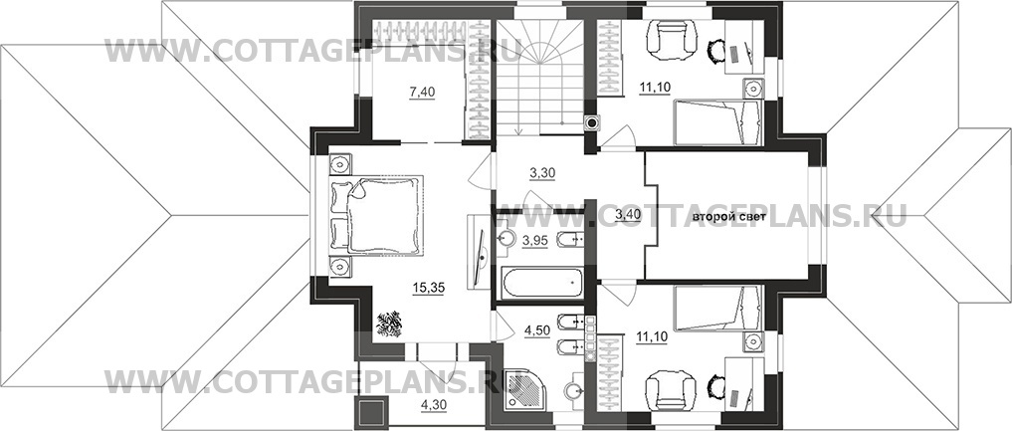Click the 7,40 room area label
[x=423, y=93]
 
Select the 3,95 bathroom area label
[x=535, y=241]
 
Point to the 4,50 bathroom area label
[x=536, y=330]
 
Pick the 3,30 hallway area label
[x=542, y=173]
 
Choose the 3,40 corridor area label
[x=628, y=214]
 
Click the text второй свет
[x=729, y=217]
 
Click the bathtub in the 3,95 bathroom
[x=541, y=284]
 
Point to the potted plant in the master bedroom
[x=389, y=323]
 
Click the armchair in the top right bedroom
[x=673, y=39]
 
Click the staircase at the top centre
[x=539, y=76]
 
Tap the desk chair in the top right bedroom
[x=715, y=50]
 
